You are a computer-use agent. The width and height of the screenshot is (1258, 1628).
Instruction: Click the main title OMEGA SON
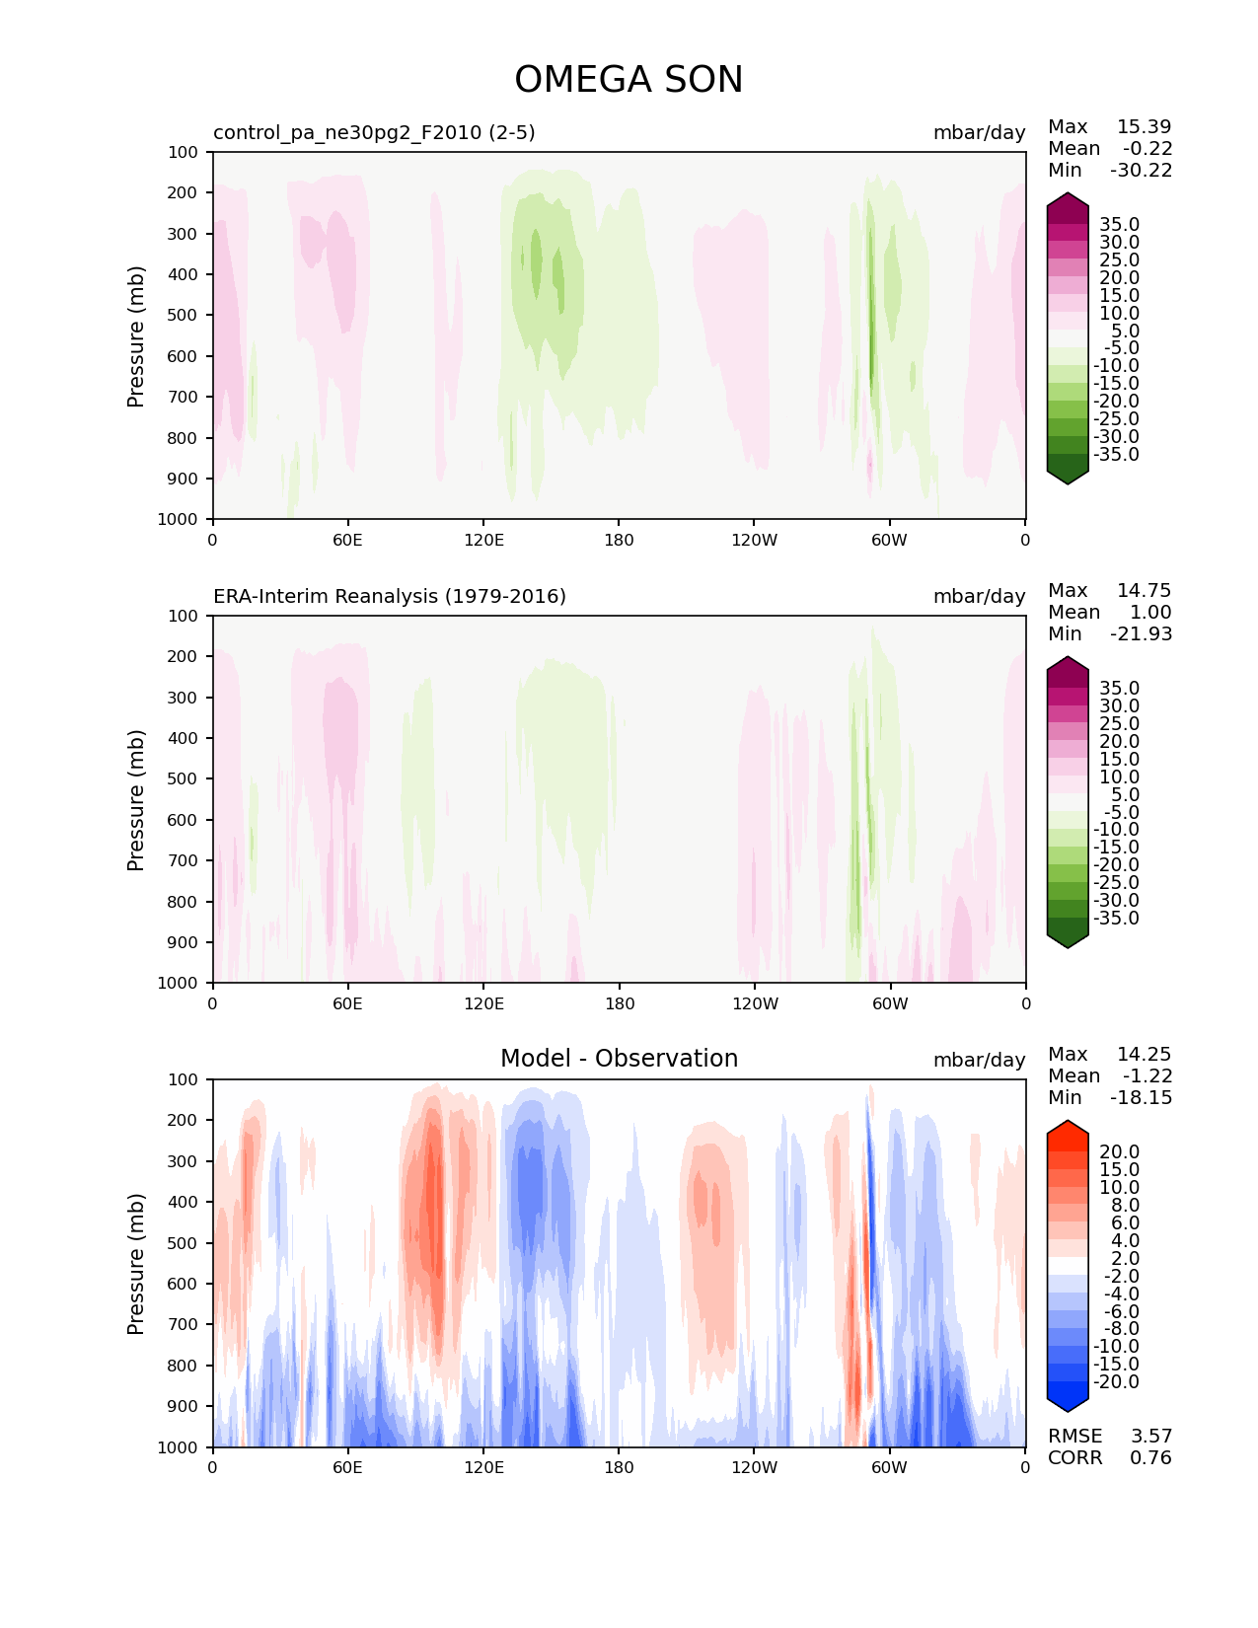(x=629, y=79)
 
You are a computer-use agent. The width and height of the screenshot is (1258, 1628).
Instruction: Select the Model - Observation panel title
(x=619, y=1058)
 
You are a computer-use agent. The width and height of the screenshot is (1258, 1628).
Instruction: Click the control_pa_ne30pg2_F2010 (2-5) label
(x=374, y=132)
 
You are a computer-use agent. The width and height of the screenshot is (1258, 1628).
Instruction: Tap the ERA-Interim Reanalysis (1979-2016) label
(x=390, y=596)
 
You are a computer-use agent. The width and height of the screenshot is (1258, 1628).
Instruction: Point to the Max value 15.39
(x=1144, y=126)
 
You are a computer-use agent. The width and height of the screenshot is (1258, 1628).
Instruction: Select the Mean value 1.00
(x=1150, y=612)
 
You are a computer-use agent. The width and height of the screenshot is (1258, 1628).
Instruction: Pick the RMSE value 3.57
(x=1150, y=1436)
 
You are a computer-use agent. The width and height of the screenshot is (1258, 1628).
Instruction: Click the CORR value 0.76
(x=1150, y=1457)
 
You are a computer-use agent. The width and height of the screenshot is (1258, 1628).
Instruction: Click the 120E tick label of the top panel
(x=483, y=540)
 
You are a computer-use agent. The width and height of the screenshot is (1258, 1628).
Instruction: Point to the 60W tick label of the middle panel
(x=889, y=1003)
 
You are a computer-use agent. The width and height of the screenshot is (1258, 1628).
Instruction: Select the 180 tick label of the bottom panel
(x=619, y=1468)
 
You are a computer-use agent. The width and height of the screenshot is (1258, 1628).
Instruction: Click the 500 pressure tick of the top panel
(x=183, y=316)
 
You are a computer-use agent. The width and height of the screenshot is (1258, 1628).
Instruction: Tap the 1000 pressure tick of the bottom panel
(x=178, y=1447)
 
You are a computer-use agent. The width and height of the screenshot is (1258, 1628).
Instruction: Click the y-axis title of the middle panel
(x=135, y=800)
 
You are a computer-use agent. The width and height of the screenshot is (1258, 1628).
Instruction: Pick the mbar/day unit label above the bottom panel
(x=979, y=1060)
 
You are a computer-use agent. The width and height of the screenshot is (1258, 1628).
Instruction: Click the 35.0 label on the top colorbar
(x=1119, y=225)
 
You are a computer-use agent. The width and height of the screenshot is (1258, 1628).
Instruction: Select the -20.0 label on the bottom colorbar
(x=1116, y=1381)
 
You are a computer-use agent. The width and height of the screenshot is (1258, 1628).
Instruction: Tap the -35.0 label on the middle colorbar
(x=1116, y=918)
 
